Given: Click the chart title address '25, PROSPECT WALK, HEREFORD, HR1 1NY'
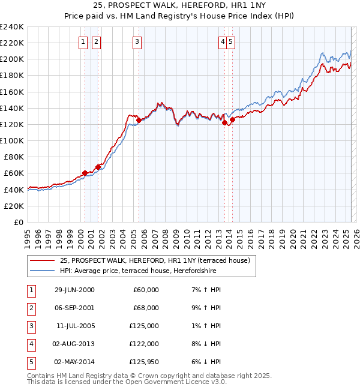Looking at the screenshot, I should [180, 6].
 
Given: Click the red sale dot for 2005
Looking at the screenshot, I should [139, 120].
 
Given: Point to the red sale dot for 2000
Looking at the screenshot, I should [85, 173].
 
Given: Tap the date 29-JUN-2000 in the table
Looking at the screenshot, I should [74, 290].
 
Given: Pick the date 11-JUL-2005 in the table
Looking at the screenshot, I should [76, 326].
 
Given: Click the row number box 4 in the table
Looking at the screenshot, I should [30, 344].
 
